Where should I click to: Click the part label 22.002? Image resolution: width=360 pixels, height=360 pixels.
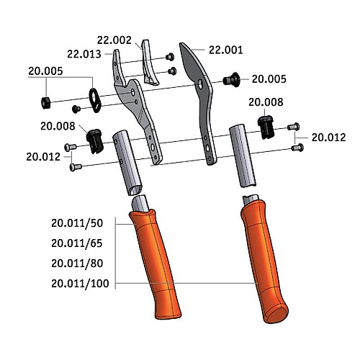point(114,40)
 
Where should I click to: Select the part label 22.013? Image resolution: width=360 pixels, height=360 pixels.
point(84,54)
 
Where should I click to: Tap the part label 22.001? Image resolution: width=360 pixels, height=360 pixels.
point(226,50)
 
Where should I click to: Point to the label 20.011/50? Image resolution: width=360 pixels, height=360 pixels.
point(77,223)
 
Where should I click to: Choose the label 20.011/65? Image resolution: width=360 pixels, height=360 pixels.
point(77,243)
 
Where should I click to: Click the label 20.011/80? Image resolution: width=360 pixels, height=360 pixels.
point(77,264)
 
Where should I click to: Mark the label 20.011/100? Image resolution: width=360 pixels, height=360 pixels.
point(80,284)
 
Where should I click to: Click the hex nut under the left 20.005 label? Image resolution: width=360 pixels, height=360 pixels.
point(45,103)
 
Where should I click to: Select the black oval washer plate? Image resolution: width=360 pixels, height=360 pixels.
point(95,100)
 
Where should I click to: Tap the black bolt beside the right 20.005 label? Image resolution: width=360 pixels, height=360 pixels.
point(231,79)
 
